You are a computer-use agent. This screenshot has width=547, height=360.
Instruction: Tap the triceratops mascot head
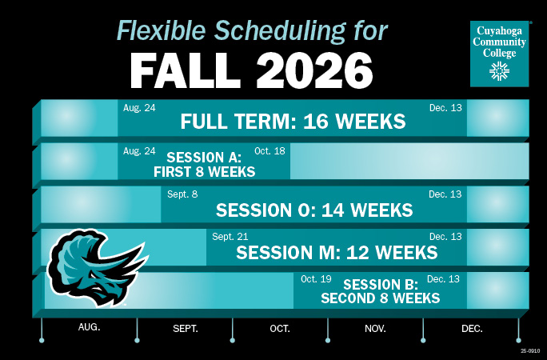pos(93,268)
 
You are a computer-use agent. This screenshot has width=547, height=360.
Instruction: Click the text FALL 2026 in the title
pos(252,70)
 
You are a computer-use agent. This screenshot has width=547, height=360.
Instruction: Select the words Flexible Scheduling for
pos(252,30)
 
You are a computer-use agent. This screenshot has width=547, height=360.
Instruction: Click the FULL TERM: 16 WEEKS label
pos(293,122)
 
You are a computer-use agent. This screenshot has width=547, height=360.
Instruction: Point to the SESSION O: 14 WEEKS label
pos(314,210)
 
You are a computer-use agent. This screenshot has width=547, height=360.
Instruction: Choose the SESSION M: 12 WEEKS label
pos(337,253)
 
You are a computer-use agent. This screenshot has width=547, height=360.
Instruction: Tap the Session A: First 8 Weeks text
pos(204,164)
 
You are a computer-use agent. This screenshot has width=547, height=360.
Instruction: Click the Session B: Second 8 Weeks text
pos(380,292)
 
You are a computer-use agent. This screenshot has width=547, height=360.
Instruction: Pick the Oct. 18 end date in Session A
pos(270,150)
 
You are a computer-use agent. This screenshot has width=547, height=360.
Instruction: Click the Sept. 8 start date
pos(182,194)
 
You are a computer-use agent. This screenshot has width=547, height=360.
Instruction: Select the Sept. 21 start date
pos(230,236)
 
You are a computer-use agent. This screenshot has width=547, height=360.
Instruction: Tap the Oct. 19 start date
pos(316,279)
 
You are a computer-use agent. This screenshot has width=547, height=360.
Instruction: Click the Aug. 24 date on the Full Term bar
pos(139,107)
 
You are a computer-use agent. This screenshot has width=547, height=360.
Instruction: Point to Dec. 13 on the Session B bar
pos(442,279)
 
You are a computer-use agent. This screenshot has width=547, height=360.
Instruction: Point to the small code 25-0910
pos(530,350)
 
